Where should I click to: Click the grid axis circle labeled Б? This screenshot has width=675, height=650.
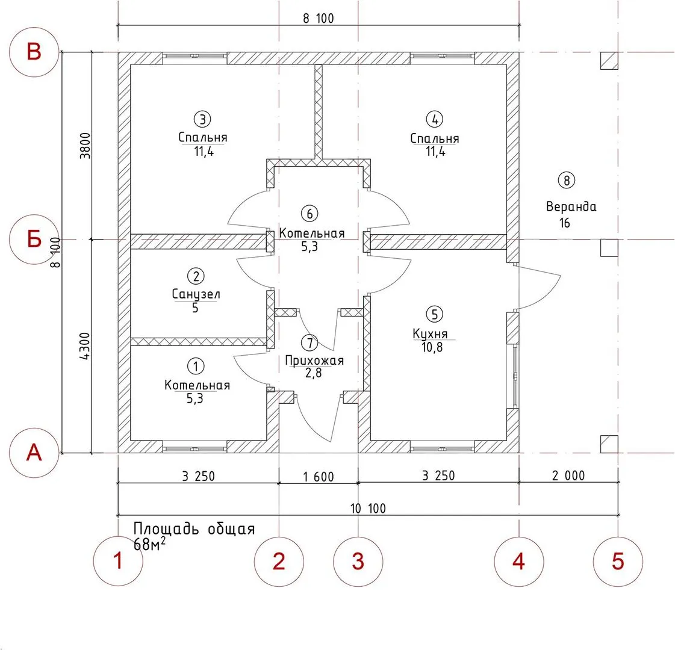point(34,239)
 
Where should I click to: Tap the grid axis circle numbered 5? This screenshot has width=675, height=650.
point(618,562)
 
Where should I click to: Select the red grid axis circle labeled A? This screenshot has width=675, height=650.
point(34,453)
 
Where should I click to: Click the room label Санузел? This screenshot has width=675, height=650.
point(196,294)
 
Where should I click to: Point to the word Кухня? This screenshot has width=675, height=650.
point(430,334)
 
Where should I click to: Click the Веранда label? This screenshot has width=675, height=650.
point(571,206)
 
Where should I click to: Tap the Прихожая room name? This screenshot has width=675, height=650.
point(315,361)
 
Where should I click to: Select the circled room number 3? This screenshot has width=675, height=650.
point(202,119)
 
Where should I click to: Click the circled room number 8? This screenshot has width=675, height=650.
point(567,180)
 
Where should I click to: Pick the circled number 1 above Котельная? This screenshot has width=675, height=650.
point(196,367)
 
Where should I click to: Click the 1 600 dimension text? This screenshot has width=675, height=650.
point(319,477)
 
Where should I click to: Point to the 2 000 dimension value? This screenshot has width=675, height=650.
point(568,475)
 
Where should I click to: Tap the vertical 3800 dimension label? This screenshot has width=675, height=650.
point(86,146)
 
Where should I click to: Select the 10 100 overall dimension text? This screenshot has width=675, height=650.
point(368,509)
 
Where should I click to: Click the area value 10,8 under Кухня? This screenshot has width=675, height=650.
point(432,347)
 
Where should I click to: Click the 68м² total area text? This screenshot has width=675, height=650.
point(149,544)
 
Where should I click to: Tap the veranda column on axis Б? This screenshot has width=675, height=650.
point(609,248)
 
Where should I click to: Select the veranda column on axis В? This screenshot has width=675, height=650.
point(609,61)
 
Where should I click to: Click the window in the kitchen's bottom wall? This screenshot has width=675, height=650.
point(442,448)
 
